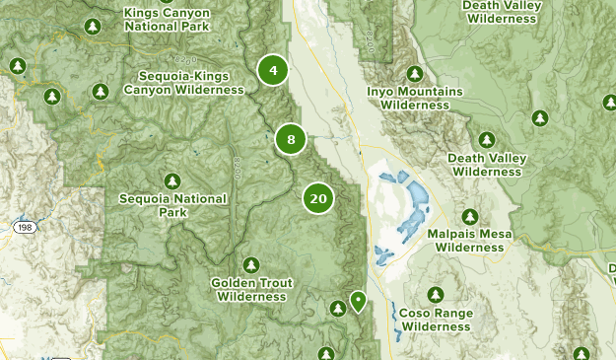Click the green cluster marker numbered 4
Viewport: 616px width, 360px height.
273,70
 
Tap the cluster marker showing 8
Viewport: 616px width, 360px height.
291,139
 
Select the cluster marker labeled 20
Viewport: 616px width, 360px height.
317,198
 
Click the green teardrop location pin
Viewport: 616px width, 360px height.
358,300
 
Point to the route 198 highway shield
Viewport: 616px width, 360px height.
26,227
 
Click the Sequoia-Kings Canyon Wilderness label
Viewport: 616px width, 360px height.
183,83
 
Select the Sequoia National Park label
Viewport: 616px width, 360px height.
172,205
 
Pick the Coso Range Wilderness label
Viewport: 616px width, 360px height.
437,320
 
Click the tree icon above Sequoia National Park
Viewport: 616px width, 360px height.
173,180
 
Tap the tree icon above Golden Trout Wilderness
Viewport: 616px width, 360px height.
251,264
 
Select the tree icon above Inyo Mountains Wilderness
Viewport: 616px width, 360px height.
414,74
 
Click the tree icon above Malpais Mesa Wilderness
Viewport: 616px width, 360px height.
470,217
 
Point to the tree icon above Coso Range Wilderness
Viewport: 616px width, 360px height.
437,295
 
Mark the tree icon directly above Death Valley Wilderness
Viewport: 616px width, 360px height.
486,141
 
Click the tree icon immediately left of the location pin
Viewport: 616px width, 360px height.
338,309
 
